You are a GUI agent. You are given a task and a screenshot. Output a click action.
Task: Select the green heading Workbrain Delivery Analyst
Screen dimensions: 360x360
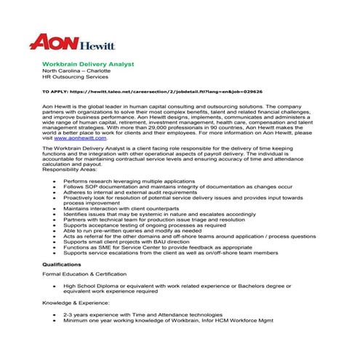(88, 64)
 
